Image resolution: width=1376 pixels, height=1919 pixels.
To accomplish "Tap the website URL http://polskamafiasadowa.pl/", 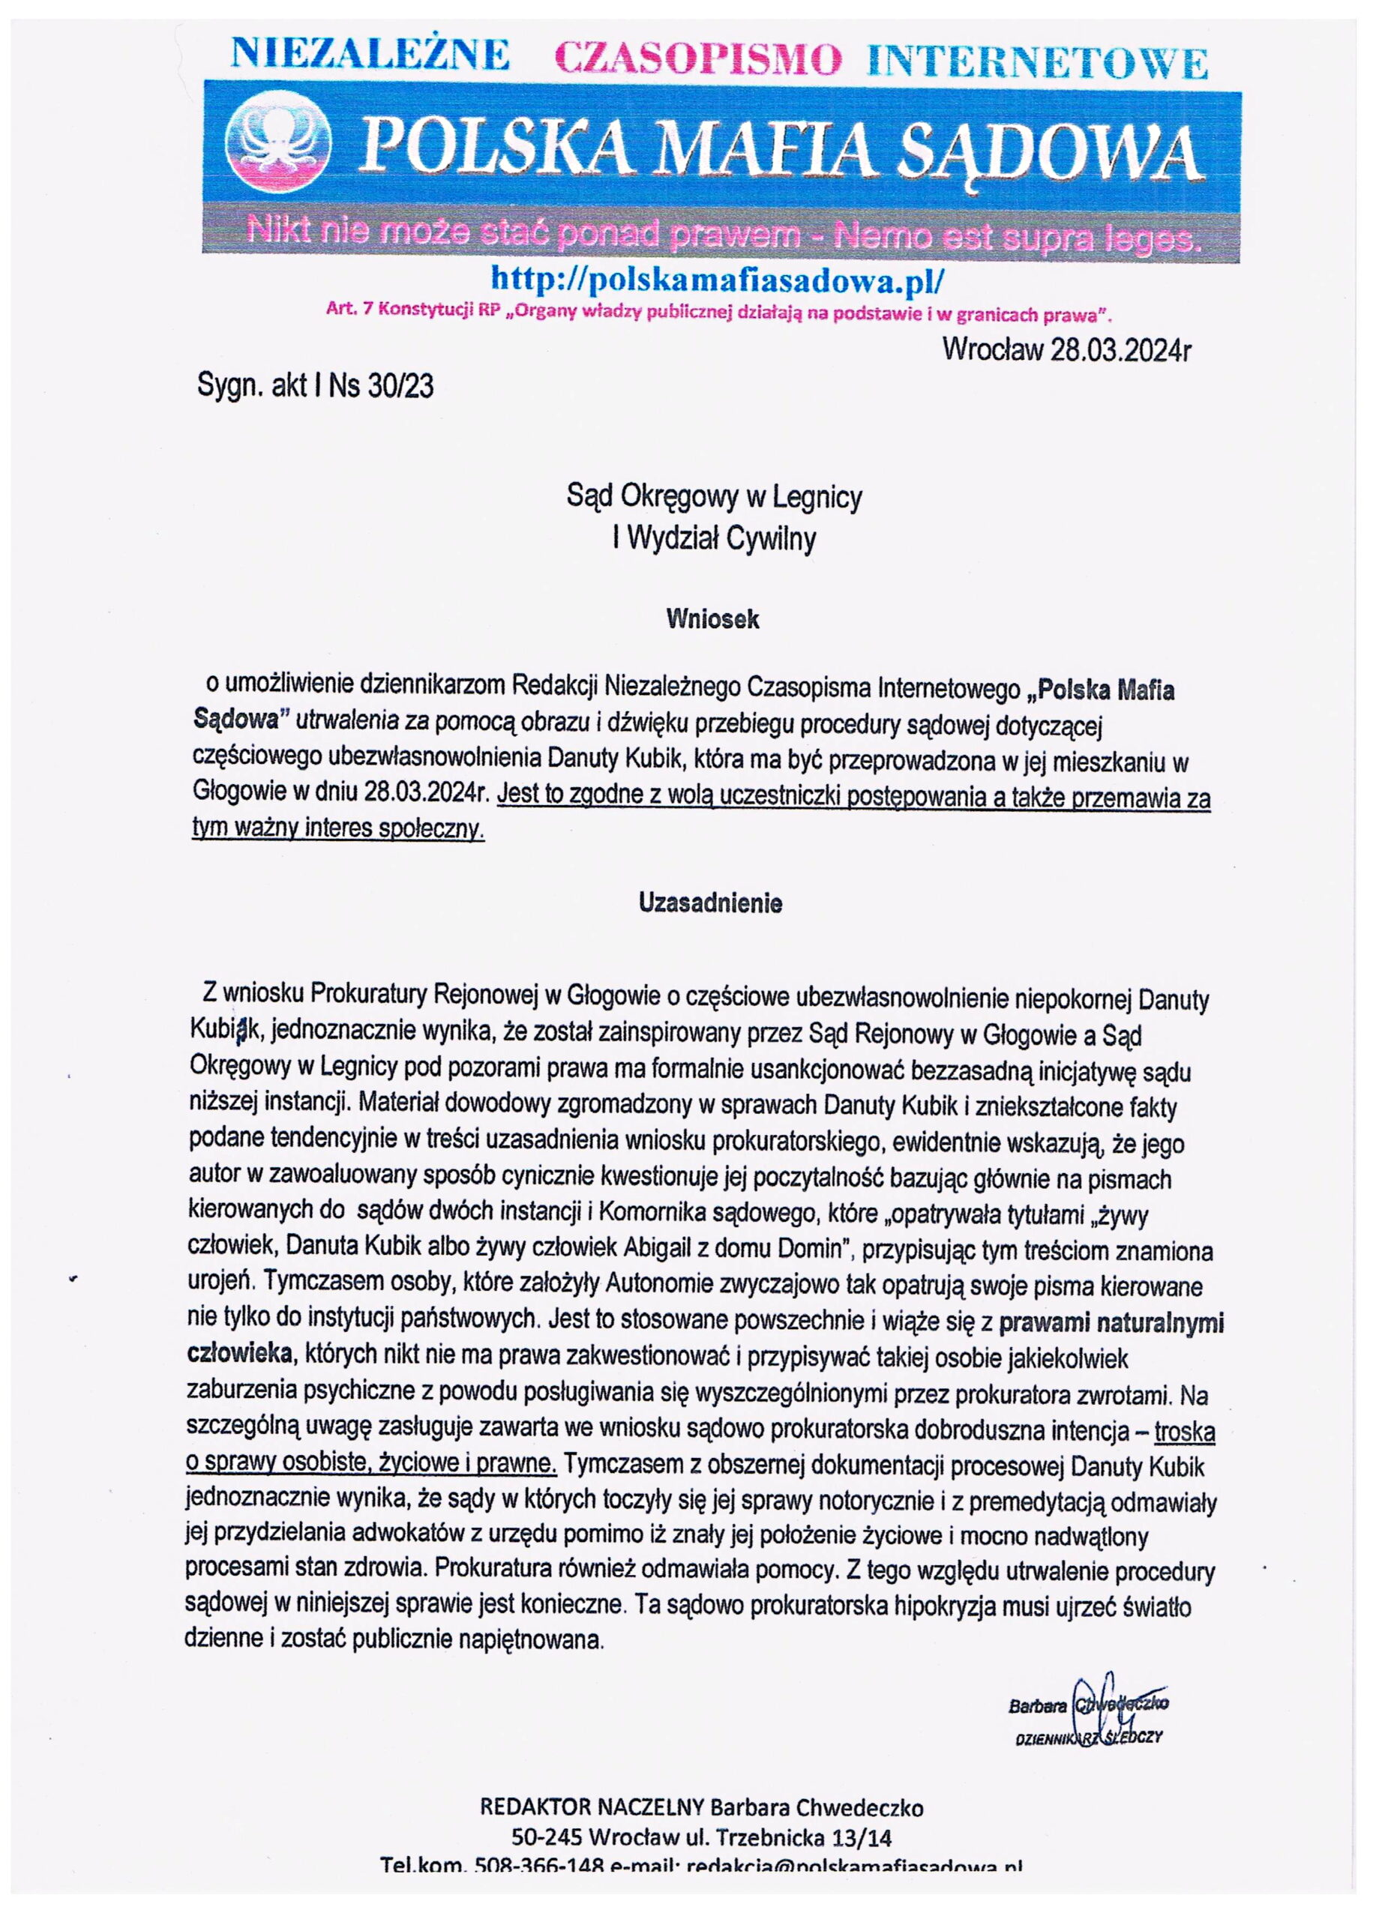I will coord(716,277).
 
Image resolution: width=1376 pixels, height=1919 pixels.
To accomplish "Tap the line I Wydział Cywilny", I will coord(713,538).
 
